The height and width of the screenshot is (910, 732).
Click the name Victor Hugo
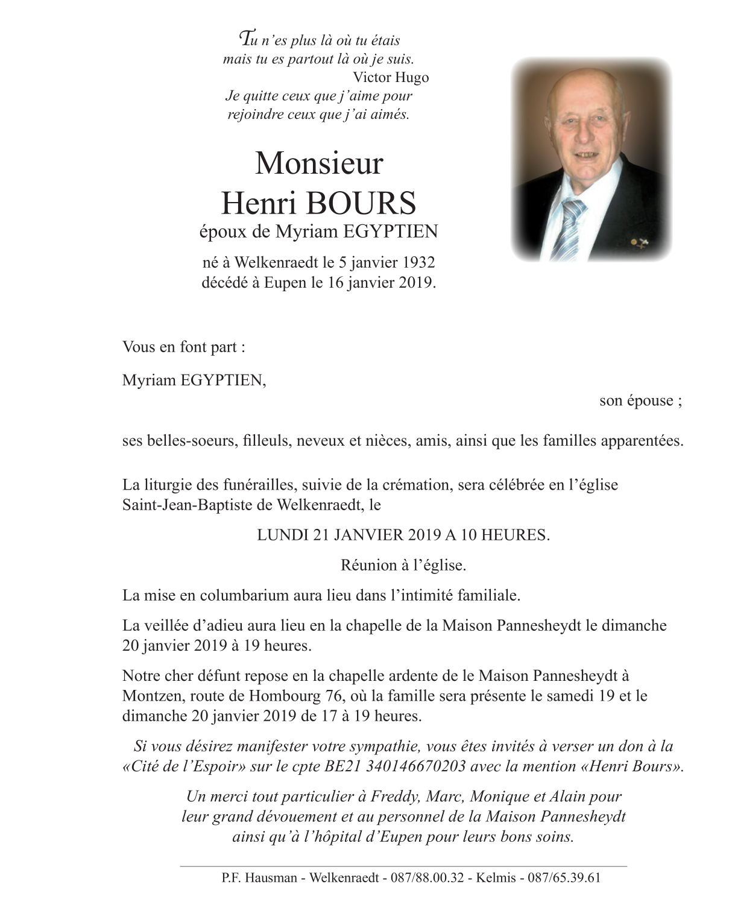coord(391,77)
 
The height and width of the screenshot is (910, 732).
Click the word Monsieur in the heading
coord(319,163)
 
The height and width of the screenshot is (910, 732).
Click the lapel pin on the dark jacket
coord(636,242)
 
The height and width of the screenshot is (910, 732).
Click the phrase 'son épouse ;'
coord(640,401)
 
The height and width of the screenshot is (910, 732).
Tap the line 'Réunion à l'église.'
coord(403,565)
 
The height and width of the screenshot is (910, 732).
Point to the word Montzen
coord(153,696)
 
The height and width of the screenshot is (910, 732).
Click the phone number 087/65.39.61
coord(564,878)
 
